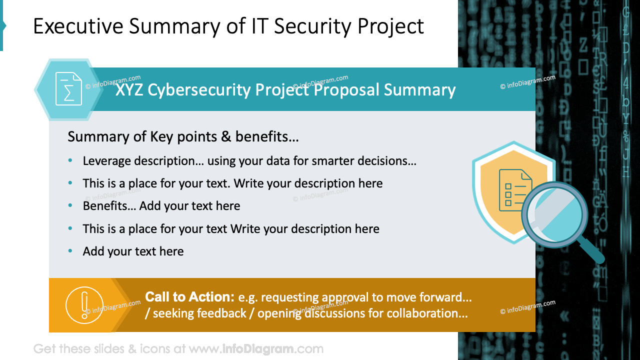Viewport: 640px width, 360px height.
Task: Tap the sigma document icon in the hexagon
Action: click(x=68, y=89)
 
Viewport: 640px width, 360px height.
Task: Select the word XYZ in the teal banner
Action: click(x=129, y=90)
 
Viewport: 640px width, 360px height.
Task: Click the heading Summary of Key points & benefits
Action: click(x=183, y=136)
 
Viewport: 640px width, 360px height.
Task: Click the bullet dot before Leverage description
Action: click(x=70, y=161)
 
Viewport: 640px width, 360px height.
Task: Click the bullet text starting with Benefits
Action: click(x=161, y=206)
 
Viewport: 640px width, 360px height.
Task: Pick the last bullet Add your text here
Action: click(x=133, y=251)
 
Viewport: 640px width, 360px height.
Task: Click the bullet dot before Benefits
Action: click(x=70, y=206)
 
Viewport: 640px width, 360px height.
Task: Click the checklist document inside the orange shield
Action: click(x=515, y=187)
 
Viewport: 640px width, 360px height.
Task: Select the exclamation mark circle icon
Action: click(x=84, y=304)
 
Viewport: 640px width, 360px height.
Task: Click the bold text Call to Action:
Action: click(x=189, y=297)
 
